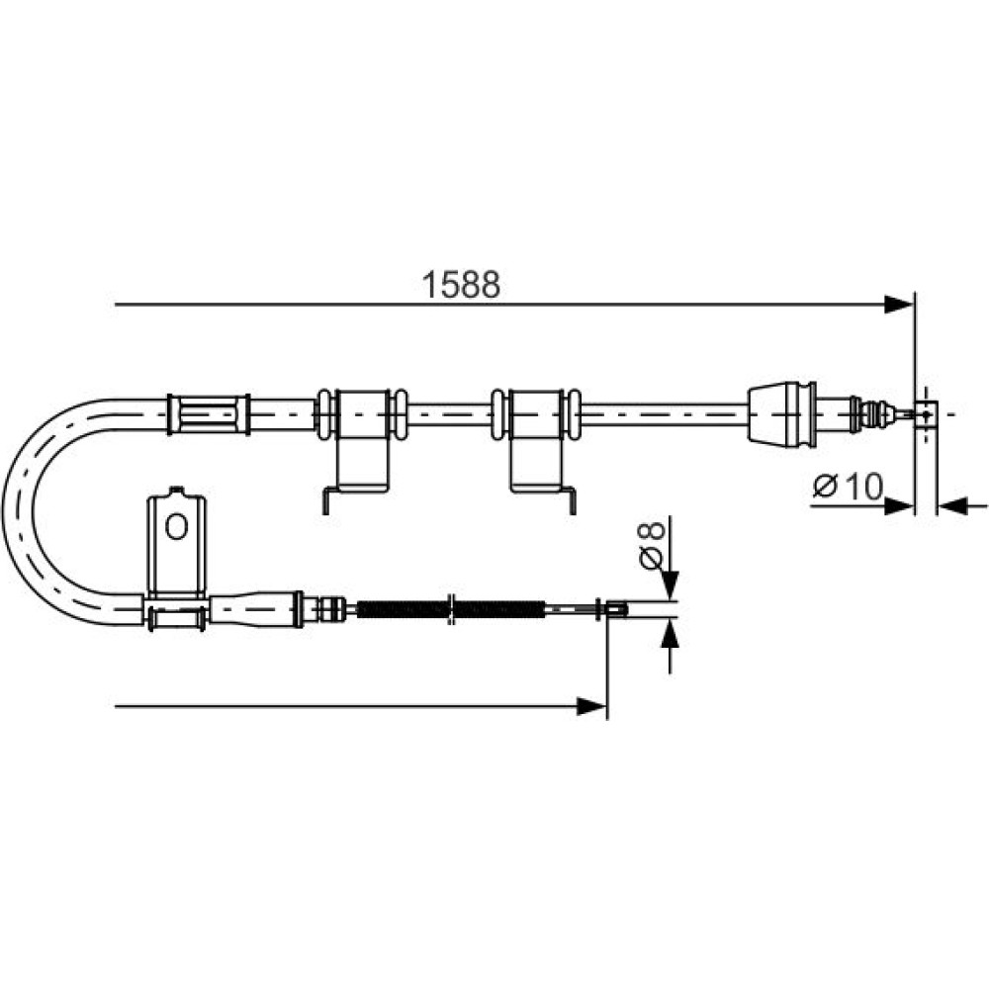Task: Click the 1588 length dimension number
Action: coord(461,285)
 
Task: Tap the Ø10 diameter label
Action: coord(849,487)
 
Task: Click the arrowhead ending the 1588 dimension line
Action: coord(899,305)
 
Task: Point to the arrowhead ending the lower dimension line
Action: coord(591,706)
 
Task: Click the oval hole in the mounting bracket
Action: coord(177,526)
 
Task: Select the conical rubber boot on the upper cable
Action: coord(782,412)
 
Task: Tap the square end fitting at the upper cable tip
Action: coord(926,414)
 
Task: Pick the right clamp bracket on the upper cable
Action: coord(536,440)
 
